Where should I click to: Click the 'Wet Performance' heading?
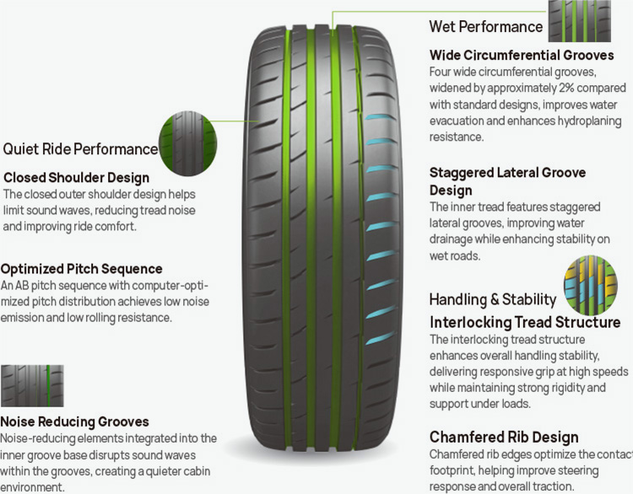486,27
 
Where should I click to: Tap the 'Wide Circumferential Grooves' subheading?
522,55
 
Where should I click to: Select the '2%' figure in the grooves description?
569,88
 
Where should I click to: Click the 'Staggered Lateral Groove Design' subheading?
507,181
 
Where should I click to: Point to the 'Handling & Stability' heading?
493,299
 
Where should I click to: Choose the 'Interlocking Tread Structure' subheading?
525,322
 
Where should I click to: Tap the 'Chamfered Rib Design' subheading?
504,437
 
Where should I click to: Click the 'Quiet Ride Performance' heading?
80,149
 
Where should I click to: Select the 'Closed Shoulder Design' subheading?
76,177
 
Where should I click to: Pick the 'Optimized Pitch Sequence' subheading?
82,269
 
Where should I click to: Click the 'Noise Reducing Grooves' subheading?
74,422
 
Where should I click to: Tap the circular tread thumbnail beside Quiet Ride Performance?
187,143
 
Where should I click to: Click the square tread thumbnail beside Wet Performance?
579,21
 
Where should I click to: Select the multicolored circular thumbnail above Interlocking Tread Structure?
591,285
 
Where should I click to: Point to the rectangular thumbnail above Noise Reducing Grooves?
32,386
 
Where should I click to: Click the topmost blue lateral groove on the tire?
380,117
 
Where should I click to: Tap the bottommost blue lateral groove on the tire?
380,337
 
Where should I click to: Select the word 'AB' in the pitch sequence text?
21,285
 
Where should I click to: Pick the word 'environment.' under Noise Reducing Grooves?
32,486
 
